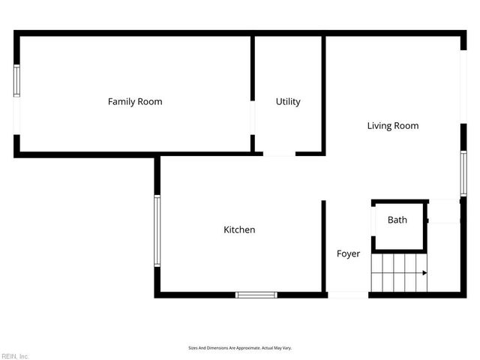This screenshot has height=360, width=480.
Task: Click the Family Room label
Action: point(135,101)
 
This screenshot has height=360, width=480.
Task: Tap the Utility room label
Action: point(288,101)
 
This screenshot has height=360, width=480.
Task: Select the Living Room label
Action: point(392,125)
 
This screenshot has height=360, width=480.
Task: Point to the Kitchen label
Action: point(239,229)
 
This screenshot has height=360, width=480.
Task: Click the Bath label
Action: point(397,220)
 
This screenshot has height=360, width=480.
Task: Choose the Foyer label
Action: point(348,253)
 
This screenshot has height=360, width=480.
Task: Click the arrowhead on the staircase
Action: point(424,273)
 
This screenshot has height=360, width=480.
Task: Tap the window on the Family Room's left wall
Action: point(16,80)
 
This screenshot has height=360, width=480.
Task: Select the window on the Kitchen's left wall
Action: point(157,230)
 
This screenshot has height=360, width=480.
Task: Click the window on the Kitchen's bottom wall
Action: point(256,295)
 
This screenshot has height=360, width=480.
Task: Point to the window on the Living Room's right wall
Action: point(463,174)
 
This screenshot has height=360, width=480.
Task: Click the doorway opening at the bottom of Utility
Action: point(279,154)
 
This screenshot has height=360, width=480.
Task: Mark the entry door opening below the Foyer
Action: point(349,295)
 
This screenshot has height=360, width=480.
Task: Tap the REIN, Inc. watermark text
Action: point(15,355)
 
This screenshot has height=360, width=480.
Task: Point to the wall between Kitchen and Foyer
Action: point(324,247)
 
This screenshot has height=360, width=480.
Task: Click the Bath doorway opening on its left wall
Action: point(373,220)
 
